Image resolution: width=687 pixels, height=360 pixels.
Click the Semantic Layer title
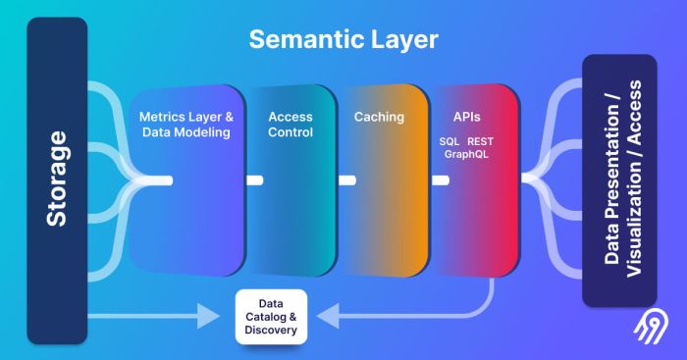point(343,40)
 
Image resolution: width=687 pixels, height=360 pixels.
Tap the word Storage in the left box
point(57,180)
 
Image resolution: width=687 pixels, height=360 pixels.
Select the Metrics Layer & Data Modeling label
point(185,125)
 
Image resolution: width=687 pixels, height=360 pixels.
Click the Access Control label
point(290,125)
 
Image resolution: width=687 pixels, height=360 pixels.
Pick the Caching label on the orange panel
point(378,117)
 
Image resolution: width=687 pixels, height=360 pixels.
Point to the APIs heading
point(466,117)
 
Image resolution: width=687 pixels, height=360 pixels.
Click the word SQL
point(449,141)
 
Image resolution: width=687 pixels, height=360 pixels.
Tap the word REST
point(481,141)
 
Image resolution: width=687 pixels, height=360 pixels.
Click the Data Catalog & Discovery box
point(271,317)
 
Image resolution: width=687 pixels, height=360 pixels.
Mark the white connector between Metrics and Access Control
point(254,180)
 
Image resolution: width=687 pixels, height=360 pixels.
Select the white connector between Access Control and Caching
point(345,180)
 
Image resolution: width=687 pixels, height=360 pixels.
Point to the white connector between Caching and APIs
point(441,180)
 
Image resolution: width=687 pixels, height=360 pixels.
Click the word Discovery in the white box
point(271,330)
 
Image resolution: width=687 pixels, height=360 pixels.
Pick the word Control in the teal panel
point(290,132)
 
